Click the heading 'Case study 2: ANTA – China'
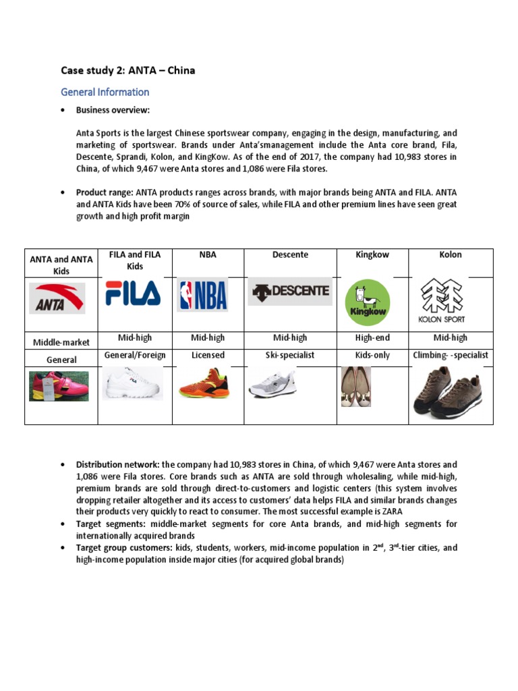(128, 70)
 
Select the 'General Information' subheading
(105, 92)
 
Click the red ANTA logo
(57, 298)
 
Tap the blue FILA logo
(134, 294)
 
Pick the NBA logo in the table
(202, 296)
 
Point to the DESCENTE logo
(291, 292)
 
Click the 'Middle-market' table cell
(61, 342)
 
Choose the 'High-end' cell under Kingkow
(372, 337)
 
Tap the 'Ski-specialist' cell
(291, 355)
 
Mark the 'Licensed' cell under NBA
(208, 355)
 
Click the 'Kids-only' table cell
(372, 355)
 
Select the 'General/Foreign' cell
(135, 355)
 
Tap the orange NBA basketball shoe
(204, 384)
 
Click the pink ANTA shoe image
(59, 385)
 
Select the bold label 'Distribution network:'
(117, 465)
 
